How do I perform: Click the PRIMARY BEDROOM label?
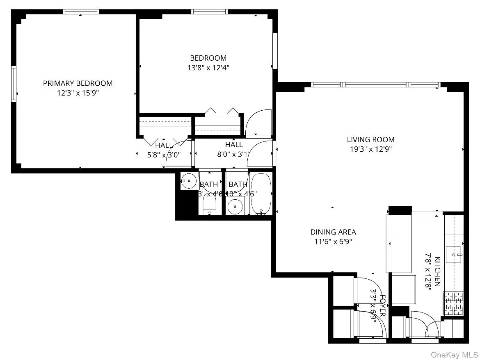(x=78, y=83)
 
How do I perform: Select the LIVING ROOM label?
(x=370, y=140)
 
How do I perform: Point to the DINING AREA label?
(x=333, y=232)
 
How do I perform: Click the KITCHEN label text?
(x=437, y=271)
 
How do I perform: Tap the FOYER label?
(x=383, y=305)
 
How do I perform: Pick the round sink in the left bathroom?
(x=189, y=180)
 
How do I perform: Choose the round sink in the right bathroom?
(x=235, y=205)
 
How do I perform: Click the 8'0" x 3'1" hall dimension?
(x=234, y=154)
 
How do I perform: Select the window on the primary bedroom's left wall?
(x=14, y=84)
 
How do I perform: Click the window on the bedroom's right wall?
(x=275, y=51)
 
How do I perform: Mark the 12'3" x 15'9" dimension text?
(x=78, y=93)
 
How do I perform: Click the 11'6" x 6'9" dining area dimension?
(x=333, y=242)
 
